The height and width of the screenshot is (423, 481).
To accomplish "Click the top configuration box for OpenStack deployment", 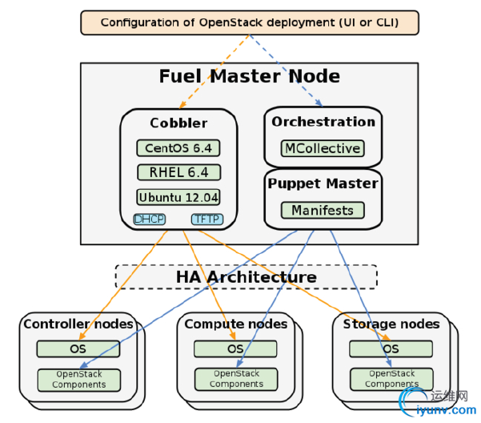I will [250, 22].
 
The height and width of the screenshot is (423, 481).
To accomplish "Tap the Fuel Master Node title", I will [249, 77].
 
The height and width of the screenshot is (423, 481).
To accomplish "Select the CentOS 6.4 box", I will [178, 148].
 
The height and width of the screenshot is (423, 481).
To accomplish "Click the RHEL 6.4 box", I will [178, 172].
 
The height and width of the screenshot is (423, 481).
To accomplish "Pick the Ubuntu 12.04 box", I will [178, 197].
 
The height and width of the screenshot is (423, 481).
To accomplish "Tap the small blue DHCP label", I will [149, 219].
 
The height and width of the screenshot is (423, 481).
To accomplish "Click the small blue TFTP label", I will [206, 219].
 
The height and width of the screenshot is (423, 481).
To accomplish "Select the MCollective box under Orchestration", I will [323, 148].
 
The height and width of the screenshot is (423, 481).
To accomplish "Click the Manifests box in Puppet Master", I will [323, 210].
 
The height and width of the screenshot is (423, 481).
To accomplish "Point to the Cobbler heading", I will [178, 123].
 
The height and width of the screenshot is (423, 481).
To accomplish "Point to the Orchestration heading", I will [323, 122].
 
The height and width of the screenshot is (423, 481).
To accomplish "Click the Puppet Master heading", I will [323, 183].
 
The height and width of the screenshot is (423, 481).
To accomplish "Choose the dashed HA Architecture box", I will [247, 277].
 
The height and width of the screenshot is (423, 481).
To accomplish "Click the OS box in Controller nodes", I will [78, 348].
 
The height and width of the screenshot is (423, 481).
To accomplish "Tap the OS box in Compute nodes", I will [235, 348].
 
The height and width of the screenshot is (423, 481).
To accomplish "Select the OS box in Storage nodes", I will [391, 348].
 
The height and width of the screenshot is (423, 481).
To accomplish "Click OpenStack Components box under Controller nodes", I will [78, 379].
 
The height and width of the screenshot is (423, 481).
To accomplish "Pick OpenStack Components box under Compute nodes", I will [235, 379].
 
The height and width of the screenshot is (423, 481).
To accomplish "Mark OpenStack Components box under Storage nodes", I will [391, 379].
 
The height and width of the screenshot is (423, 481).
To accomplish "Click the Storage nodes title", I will [391, 324].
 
